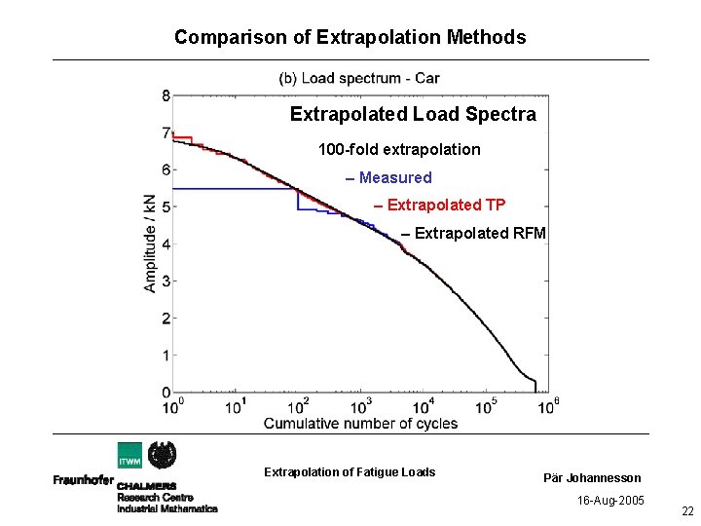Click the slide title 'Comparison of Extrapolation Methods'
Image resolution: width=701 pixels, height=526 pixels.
coord(350,38)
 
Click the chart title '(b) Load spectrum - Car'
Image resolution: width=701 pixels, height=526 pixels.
coord(359,78)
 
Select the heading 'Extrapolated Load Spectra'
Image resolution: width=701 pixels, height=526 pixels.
coord(413,115)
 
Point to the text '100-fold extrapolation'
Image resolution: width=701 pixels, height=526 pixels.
coord(399,150)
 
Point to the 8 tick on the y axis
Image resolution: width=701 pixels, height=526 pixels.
coord(166,95)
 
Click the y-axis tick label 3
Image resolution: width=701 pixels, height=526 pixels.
coord(166,282)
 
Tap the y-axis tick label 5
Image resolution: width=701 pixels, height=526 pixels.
coord(166,207)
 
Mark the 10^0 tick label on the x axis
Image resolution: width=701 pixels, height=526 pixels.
coord(172,405)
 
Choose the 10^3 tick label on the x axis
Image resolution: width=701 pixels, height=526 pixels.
coord(361,405)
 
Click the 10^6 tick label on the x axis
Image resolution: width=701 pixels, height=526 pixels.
coord(549,405)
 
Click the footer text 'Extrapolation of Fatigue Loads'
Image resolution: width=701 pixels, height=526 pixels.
coord(350,472)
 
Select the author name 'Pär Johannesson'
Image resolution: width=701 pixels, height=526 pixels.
coord(592,478)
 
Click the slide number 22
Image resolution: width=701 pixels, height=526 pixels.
coord(687,512)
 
